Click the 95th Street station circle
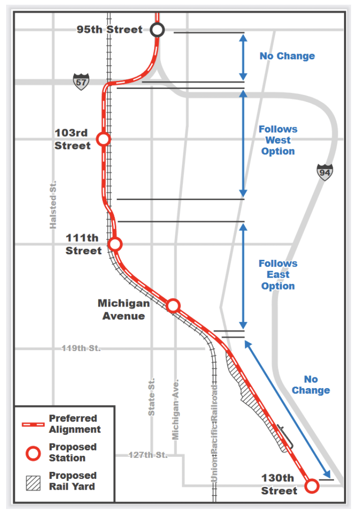click(157, 30)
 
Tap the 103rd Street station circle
click(103, 139)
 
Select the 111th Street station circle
click(115, 244)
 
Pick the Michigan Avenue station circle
click(173, 305)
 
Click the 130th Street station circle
click(312, 485)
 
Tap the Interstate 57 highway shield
click(81, 82)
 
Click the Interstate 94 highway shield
click(325, 172)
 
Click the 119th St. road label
click(81, 349)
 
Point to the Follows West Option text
click(278, 140)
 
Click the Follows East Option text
click(278, 274)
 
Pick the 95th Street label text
click(110, 30)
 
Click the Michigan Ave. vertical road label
click(175, 408)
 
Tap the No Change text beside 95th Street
click(287, 56)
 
